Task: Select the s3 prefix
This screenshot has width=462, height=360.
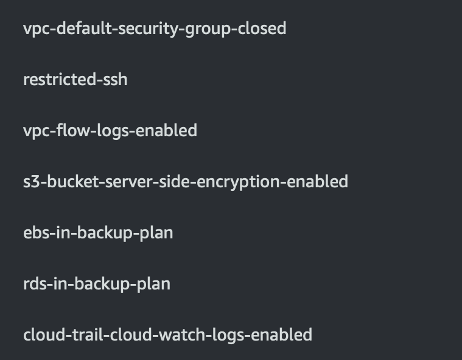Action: pyautogui.click(x=30, y=181)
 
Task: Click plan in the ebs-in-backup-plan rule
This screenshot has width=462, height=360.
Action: pyautogui.click(x=157, y=232)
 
